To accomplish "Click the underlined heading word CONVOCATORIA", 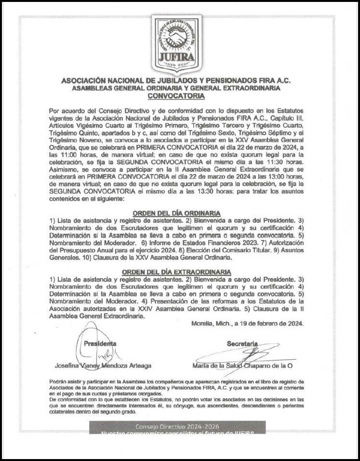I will [180, 96].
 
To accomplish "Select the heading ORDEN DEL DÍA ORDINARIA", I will [176, 213].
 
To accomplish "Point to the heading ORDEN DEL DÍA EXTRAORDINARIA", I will [176, 271].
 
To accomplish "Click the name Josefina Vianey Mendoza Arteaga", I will [103, 366].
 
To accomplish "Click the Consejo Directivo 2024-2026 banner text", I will [177, 426].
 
